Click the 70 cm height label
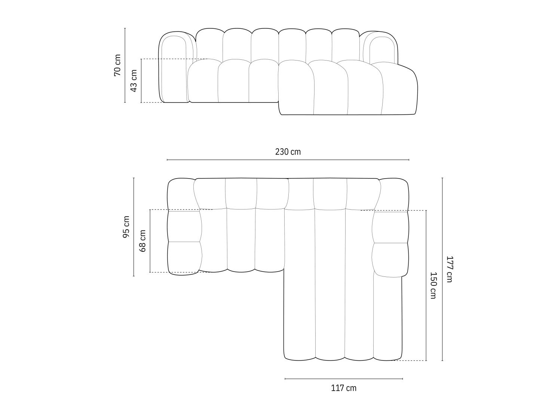117,65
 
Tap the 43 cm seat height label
134,81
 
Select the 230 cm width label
288,152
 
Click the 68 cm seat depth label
142,241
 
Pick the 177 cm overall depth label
449,269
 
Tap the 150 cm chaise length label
433,285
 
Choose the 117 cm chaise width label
344,388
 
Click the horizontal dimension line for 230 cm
288,160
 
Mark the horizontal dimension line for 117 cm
344,379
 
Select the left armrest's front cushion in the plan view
184,258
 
